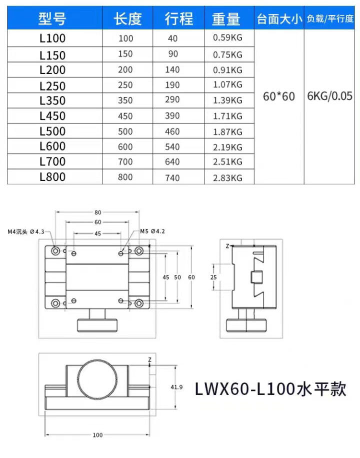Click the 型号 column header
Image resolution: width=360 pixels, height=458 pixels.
(52, 18)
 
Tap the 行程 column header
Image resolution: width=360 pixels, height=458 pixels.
(178, 18)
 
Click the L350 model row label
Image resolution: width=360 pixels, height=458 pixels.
(52, 100)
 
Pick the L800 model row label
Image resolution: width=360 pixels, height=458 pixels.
(52, 177)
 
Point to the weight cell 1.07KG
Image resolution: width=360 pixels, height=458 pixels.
(227, 84)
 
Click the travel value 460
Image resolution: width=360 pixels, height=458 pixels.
(172, 131)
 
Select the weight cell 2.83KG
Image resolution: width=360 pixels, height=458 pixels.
(227, 178)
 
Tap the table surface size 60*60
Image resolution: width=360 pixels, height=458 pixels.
(279, 96)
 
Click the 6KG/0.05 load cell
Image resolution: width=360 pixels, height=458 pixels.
(329, 96)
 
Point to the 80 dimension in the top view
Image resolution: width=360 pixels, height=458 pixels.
(98, 212)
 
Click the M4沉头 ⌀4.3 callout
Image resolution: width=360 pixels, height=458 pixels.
(25, 231)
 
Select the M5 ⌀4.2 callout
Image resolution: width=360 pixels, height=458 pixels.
(152, 231)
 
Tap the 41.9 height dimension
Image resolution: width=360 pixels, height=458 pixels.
(176, 387)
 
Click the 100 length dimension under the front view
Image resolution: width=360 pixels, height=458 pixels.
(97, 435)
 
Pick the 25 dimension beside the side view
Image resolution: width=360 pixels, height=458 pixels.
(213, 277)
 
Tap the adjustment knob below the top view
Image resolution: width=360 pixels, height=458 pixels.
(97, 325)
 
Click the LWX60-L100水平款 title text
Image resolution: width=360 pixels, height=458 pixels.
(270, 389)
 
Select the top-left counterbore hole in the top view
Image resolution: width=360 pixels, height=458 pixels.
(55, 250)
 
